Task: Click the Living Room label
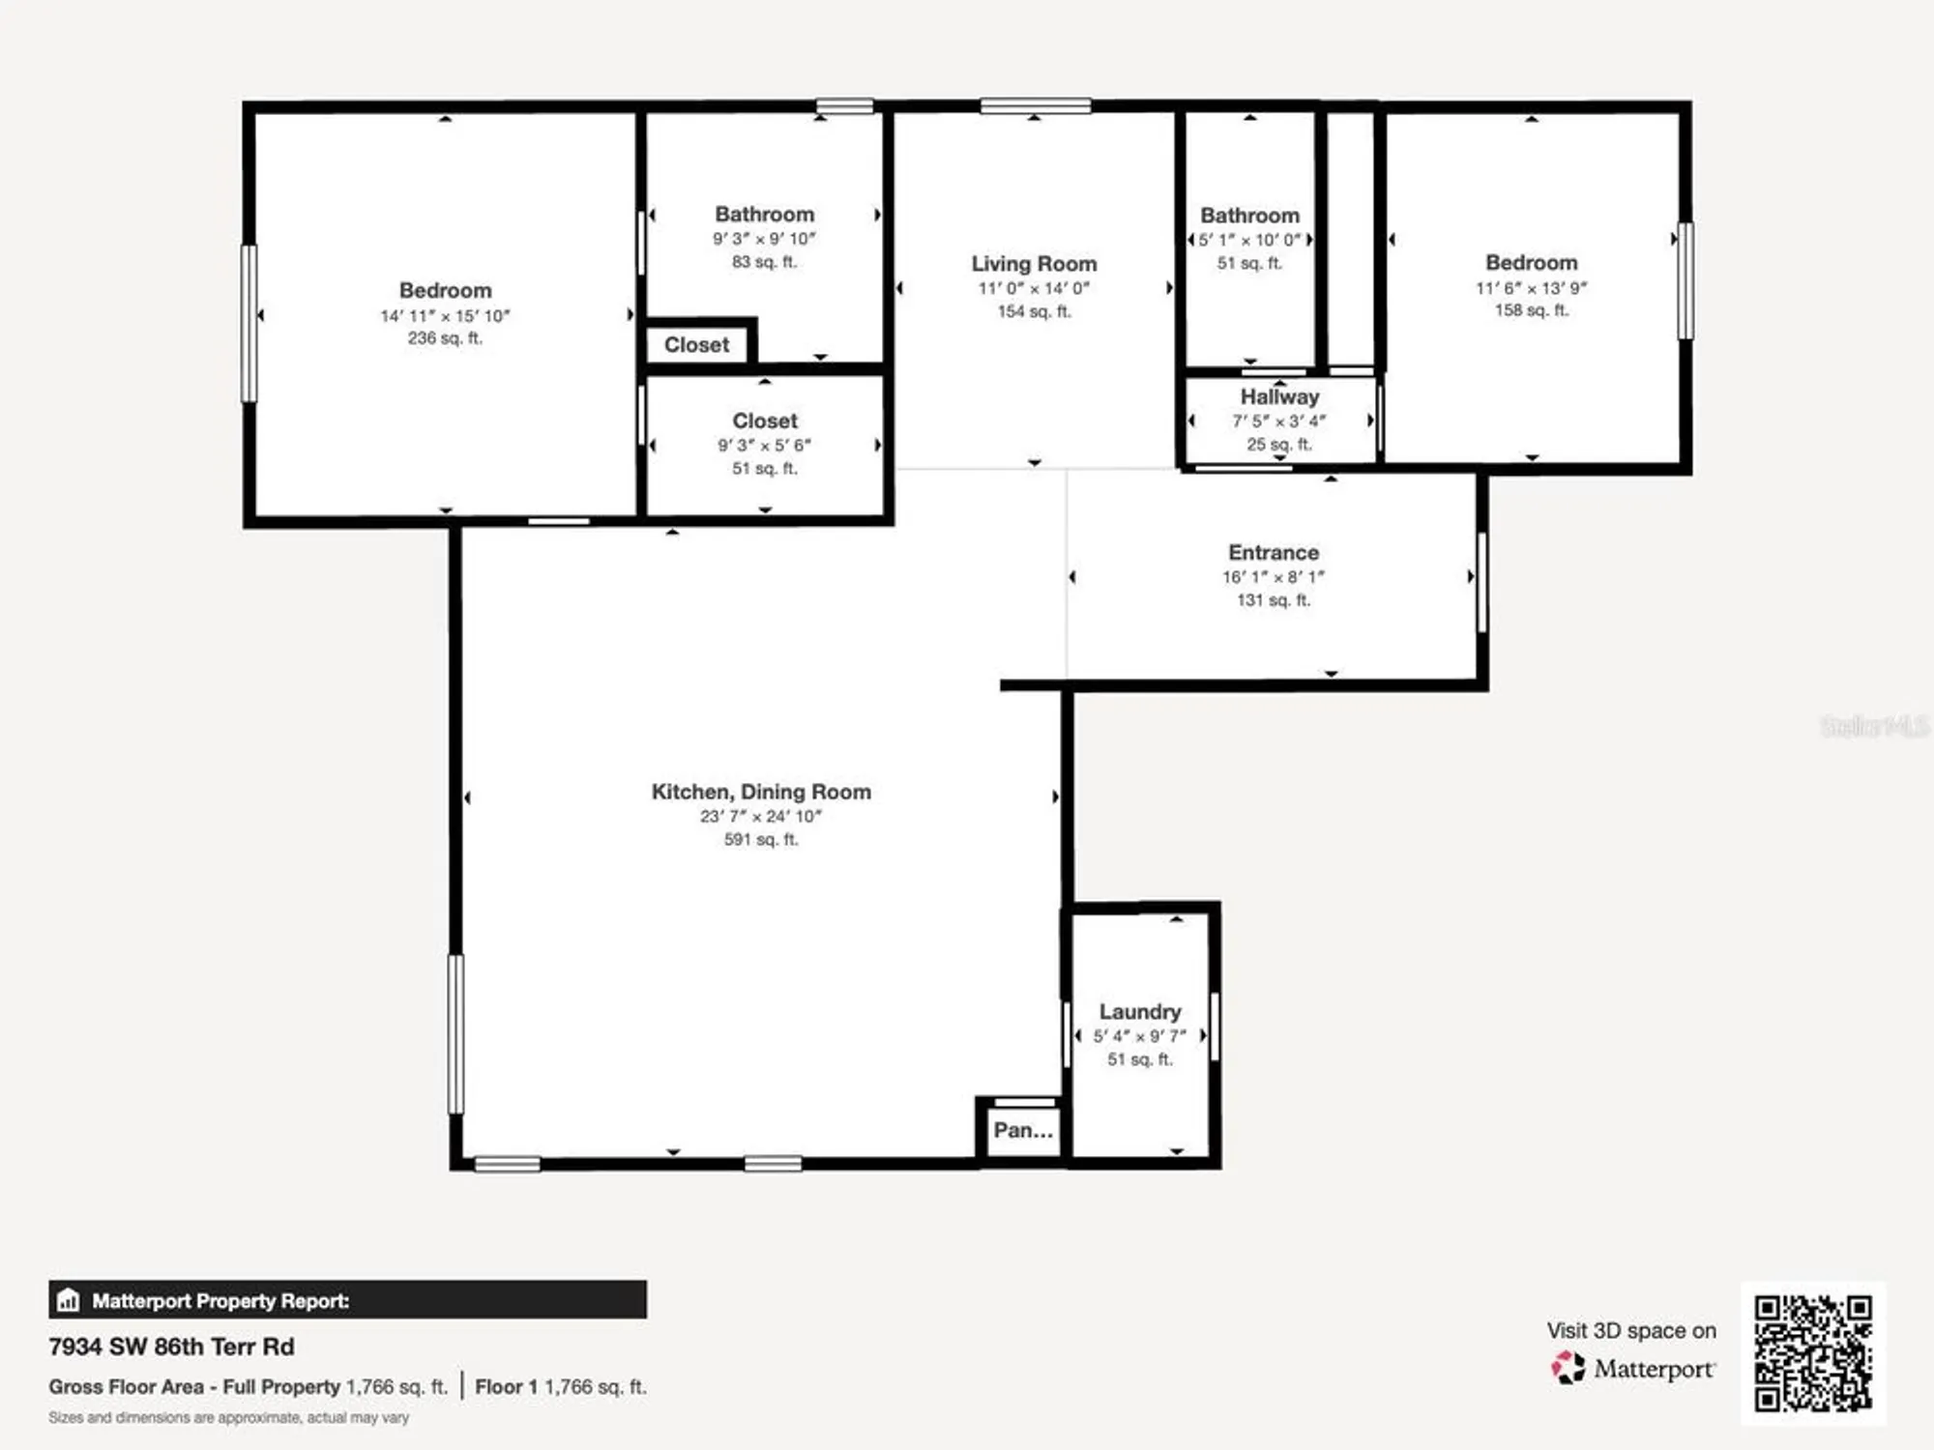click(x=1034, y=264)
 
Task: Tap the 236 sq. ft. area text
click(x=445, y=338)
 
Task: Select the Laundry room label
click(x=1140, y=1011)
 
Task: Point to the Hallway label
click(x=1279, y=396)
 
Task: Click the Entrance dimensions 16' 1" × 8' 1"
click(x=1273, y=577)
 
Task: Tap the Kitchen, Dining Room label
click(x=761, y=792)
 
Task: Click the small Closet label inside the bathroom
click(x=696, y=345)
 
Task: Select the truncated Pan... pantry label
click(x=1023, y=1130)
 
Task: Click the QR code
click(x=1813, y=1353)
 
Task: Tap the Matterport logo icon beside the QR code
click(x=1568, y=1368)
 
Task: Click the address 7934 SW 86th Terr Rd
click(x=171, y=1347)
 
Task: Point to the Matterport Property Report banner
click(x=347, y=1300)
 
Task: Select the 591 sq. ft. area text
click(x=761, y=840)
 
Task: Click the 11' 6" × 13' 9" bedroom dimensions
click(x=1531, y=288)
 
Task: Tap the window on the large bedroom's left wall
click(x=249, y=323)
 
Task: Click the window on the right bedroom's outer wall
click(x=1685, y=280)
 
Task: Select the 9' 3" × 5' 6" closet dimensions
click(x=764, y=446)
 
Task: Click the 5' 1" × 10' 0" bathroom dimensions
click(x=1249, y=240)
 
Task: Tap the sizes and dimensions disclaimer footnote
click(x=229, y=1417)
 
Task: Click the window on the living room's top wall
click(x=1035, y=105)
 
